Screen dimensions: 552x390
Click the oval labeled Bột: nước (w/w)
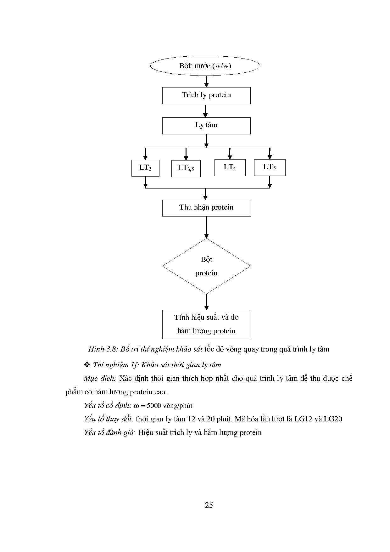click(x=205, y=66)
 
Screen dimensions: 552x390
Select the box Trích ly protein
click(x=206, y=95)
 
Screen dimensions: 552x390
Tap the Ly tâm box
click(x=206, y=126)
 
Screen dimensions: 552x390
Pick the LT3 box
click(x=145, y=168)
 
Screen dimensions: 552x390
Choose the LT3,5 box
click(x=186, y=169)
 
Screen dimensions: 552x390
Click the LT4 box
click(x=230, y=168)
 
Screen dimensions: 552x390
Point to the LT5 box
click(x=270, y=167)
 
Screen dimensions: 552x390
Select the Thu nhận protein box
click(x=206, y=208)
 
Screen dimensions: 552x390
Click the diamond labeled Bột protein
click(x=206, y=266)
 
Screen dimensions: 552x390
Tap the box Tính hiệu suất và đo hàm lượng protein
click(x=206, y=324)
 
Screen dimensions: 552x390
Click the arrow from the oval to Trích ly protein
click(x=206, y=81)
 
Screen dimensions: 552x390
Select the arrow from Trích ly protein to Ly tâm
click(x=205, y=111)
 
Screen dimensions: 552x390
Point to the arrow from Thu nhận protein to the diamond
click(x=206, y=227)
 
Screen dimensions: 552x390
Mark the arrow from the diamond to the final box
click(x=206, y=302)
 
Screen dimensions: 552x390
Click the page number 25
click(x=209, y=505)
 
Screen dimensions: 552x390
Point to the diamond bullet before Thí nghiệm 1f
click(x=87, y=365)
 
